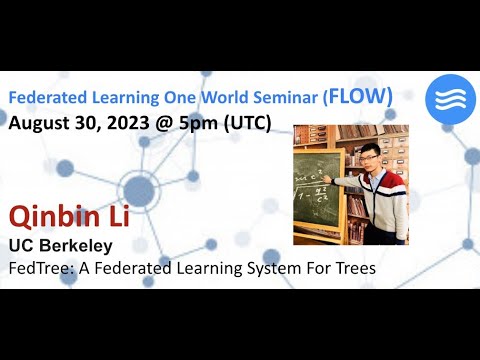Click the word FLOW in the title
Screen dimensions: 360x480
[359, 97]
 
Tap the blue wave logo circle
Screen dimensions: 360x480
[448, 98]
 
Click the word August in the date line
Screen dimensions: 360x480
[39, 124]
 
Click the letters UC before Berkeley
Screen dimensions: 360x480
[21, 245]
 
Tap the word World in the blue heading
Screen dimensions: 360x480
[220, 98]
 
